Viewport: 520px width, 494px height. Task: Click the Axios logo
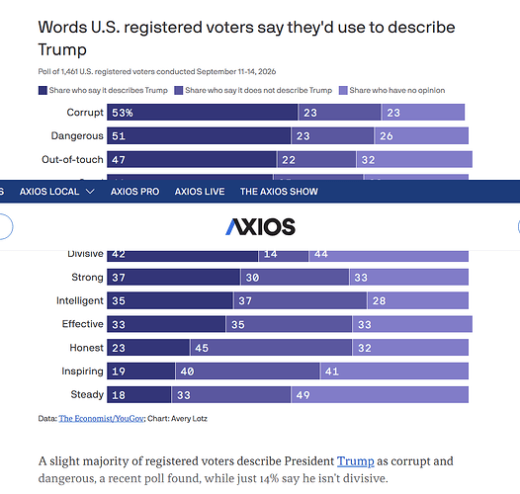tap(260, 227)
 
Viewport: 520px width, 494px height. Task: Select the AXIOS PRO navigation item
tap(134, 192)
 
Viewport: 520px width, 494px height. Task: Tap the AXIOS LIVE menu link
tap(200, 192)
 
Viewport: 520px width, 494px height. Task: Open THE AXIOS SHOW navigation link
tap(279, 192)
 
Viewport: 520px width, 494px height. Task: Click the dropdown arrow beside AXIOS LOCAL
tap(90, 192)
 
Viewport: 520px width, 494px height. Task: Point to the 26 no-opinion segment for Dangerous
tap(421, 136)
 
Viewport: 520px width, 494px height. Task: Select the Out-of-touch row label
tap(72, 159)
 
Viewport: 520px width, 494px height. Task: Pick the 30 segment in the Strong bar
tap(295, 278)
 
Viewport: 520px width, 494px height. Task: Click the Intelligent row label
tap(80, 300)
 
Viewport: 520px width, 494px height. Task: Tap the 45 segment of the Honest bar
tap(271, 348)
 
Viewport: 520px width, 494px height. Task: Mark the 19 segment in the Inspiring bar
tap(140, 371)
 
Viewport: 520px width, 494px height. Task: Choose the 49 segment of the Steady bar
tap(380, 394)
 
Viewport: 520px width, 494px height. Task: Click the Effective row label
tap(83, 324)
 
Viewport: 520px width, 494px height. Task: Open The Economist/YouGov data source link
tap(101, 419)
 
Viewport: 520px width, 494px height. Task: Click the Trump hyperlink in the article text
tap(356, 461)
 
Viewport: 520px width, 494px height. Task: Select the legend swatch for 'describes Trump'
tap(43, 90)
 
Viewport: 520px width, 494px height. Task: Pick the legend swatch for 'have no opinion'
tap(343, 90)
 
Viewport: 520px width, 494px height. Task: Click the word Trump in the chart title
tap(62, 49)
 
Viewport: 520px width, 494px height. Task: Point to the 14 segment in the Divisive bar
tap(284, 256)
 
